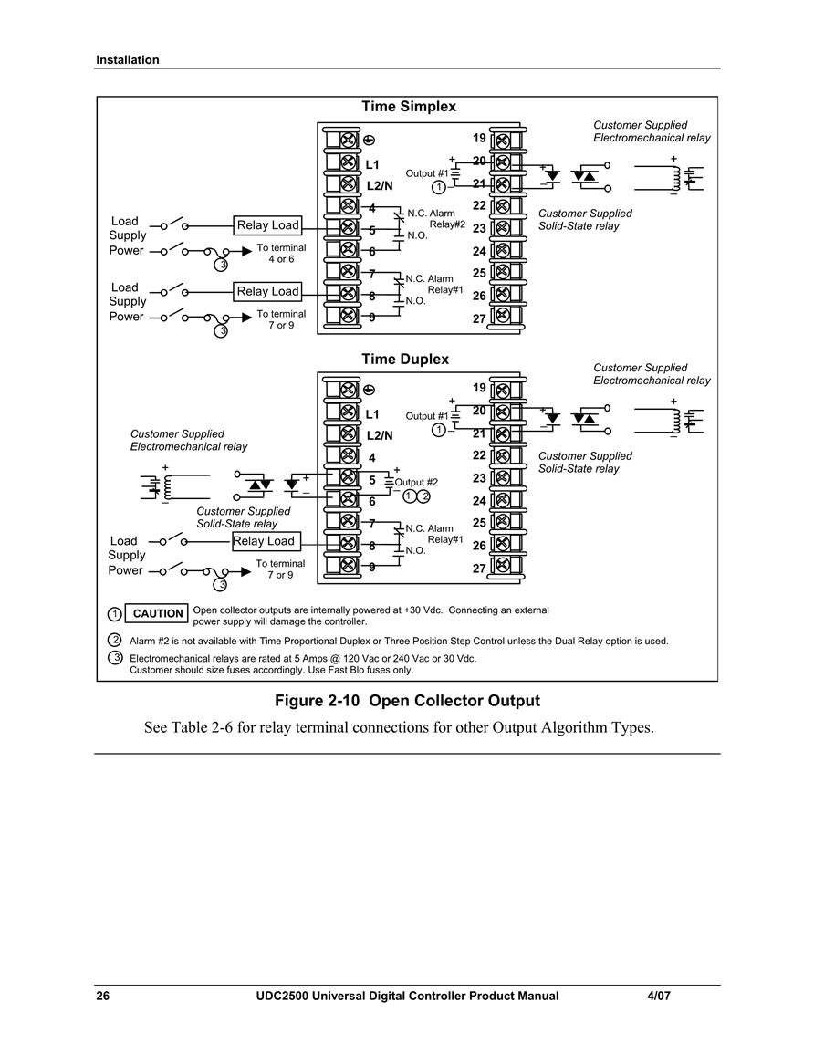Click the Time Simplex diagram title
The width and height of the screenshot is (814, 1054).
pyautogui.click(x=409, y=106)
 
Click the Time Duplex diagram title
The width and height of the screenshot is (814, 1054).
pyautogui.click(x=405, y=359)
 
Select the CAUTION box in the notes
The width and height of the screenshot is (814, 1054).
pyautogui.click(x=157, y=614)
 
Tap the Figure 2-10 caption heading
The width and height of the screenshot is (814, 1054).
pyautogui.click(x=407, y=701)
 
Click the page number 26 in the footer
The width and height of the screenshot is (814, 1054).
pyautogui.click(x=103, y=996)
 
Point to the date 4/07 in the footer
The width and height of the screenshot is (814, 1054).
pyautogui.click(x=659, y=996)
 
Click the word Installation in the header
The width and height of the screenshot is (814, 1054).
pyautogui.click(x=128, y=60)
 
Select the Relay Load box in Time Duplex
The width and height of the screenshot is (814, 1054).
pyautogui.click(x=266, y=541)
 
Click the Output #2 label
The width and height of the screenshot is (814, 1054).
pyautogui.click(x=416, y=482)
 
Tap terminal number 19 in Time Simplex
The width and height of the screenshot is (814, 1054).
pyautogui.click(x=479, y=138)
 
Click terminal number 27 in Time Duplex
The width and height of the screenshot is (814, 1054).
pyautogui.click(x=479, y=569)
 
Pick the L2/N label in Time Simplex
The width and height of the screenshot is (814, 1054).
pyautogui.click(x=380, y=186)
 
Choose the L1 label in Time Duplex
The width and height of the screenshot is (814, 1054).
pyautogui.click(x=372, y=414)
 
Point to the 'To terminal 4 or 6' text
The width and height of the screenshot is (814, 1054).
pyautogui.click(x=281, y=254)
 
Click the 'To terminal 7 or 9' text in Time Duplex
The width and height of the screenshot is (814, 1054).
pyautogui.click(x=280, y=569)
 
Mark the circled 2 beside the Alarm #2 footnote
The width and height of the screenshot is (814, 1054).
pyautogui.click(x=115, y=640)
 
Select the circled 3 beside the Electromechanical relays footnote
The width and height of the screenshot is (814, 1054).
pyautogui.click(x=115, y=657)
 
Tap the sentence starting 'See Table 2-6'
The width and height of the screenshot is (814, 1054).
pyautogui.click(x=399, y=727)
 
